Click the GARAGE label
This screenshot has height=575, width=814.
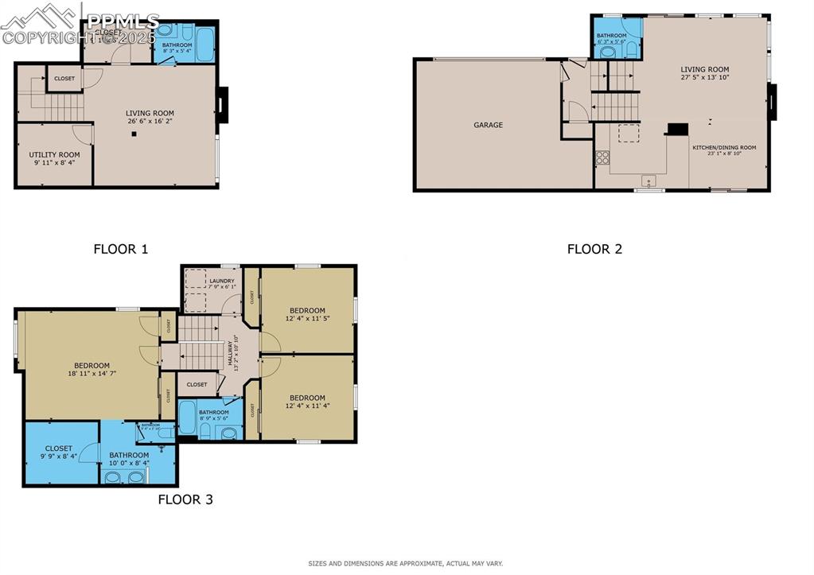coord(488,125)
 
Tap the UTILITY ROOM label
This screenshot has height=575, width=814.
coord(54,155)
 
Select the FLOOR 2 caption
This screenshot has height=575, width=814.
coord(594,249)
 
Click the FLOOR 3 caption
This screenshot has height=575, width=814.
coord(185,500)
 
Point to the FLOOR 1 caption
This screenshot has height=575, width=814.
coord(121,249)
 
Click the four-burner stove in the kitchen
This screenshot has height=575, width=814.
coord(602,157)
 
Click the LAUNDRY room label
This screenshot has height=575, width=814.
coord(221,282)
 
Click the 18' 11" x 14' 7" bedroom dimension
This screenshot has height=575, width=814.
coord(92,373)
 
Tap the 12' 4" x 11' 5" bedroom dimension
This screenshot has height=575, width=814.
coord(307,318)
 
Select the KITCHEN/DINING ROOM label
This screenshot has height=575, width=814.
coord(723,148)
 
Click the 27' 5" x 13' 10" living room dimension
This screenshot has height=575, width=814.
coord(704,77)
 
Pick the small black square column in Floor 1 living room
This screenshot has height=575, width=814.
coord(134,134)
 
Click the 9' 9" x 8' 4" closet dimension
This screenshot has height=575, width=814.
coord(58,457)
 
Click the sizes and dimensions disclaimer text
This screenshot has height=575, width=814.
coord(406,564)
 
